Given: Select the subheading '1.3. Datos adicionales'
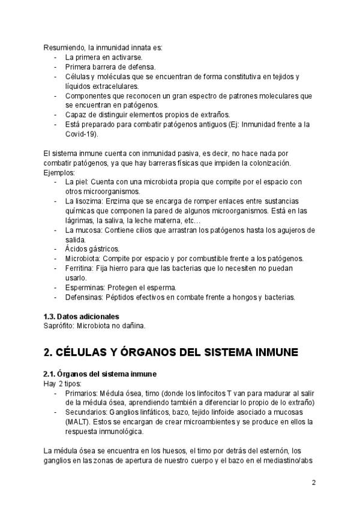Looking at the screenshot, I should click(x=81, y=316).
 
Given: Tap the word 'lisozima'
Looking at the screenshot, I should click(x=89, y=201).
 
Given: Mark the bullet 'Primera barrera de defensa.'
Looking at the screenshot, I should click(x=110, y=67).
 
